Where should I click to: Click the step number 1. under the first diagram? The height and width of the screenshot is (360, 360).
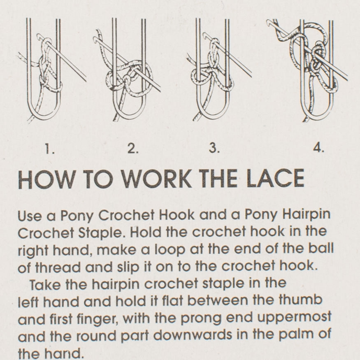pos(50,149)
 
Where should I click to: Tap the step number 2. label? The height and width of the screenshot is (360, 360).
pos(132,149)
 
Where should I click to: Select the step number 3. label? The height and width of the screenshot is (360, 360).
pos(214,149)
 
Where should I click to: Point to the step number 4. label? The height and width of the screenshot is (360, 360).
pos(318,149)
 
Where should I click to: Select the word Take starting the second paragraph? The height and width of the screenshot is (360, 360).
pos(43,284)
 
